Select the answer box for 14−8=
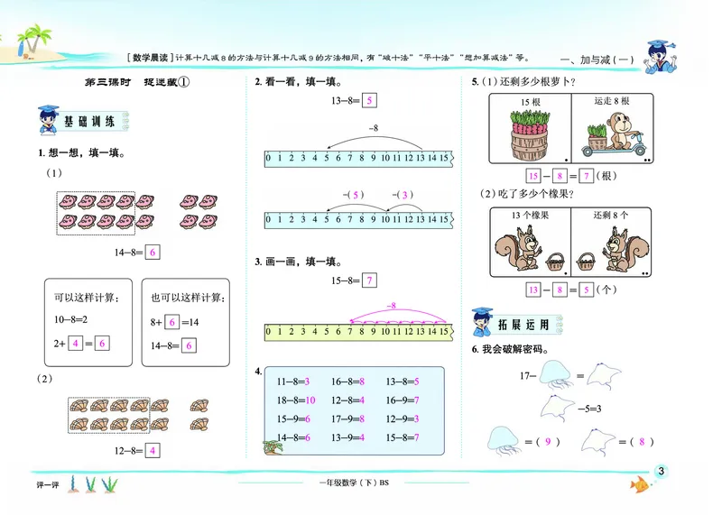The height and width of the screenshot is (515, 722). (x=153, y=253)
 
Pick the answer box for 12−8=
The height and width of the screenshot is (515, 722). (x=153, y=450)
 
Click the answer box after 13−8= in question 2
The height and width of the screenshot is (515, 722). (x=370, y=101)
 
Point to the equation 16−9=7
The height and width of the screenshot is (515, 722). (x=402, y=400)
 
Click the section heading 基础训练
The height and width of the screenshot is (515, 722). (x=88, y=121)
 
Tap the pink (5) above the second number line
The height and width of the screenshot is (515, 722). (x=352, y=194)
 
